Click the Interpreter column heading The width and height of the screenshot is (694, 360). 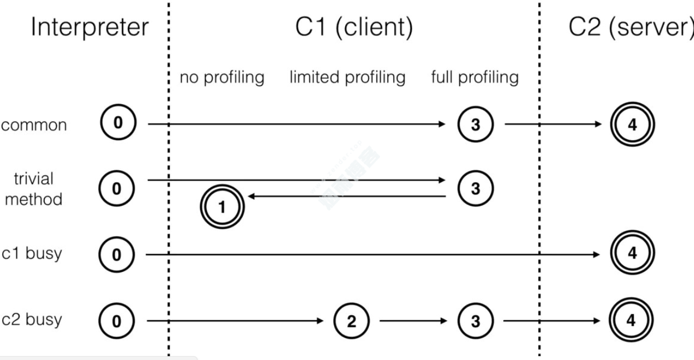tap(90, 28)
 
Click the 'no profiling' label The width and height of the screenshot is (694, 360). tap(222, 78)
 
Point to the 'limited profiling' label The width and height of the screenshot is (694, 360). tap(347, 78)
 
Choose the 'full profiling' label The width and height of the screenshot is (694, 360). tap(475, 78)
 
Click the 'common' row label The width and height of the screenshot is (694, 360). tap(34, 125)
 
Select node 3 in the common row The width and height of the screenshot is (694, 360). tap(475, 125)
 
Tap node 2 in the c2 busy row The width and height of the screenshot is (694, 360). tap(351, 320)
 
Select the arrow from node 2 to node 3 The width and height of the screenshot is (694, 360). tap(413, 320)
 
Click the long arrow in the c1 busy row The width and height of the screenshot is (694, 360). tap(372, 254)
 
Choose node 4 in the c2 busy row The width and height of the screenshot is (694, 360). tap(631, 320)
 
